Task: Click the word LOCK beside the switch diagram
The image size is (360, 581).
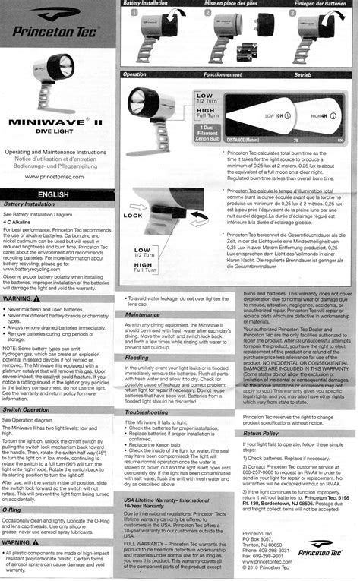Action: (134, 216)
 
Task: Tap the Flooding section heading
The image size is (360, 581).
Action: (137, 357)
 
